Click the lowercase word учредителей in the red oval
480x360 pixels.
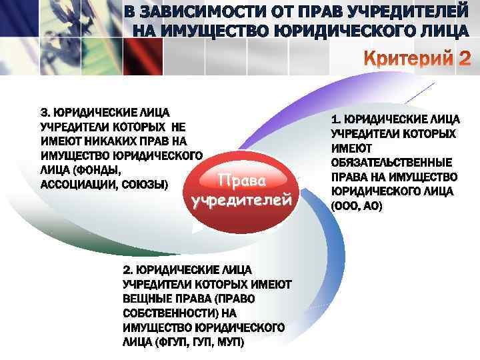coord(241,200)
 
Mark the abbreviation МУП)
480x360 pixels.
coord(229,342)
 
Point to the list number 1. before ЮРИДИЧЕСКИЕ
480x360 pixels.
coord(335,119)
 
